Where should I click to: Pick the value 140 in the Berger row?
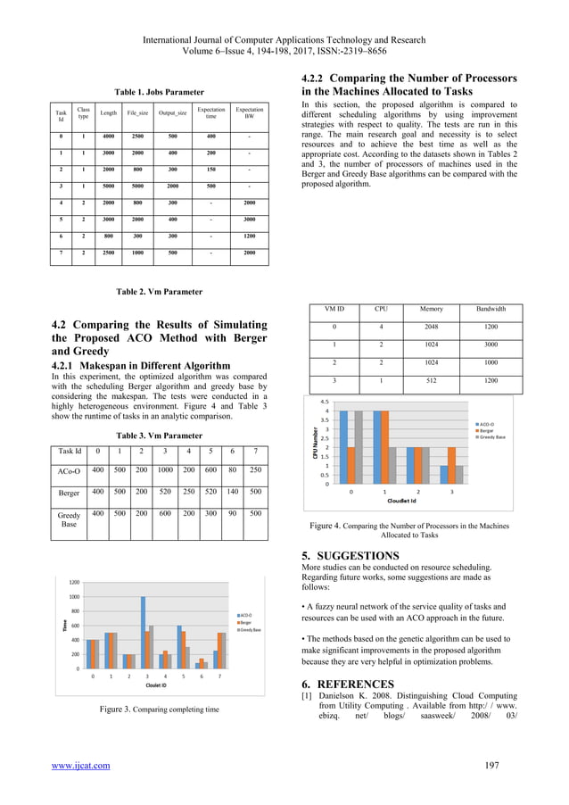pos(235,490)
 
